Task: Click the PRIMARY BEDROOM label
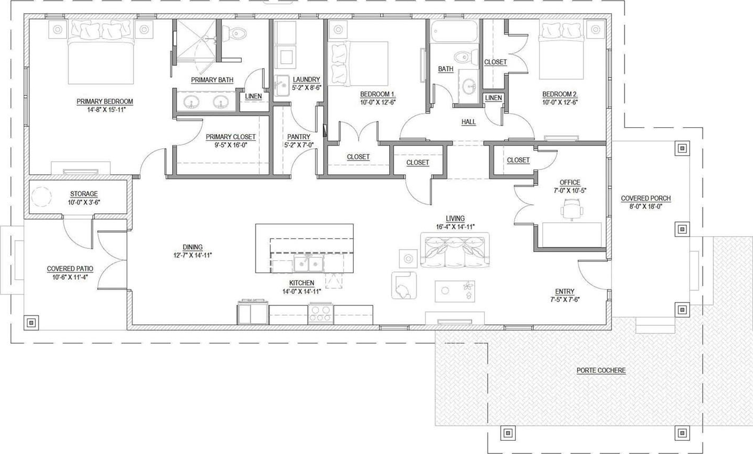tap(105, 101)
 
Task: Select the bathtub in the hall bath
tap(454, 31)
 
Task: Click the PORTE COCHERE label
tap(601, 370)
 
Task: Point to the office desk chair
tap(572, 209)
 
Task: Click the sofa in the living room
tap(455, 250)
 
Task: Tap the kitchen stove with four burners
tap(321, 314)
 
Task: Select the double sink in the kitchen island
tap(308, 263)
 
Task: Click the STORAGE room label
tap(84, 194)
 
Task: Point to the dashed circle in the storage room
tap(41, 196)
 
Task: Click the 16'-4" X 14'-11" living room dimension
tap(455, 227)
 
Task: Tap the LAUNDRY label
tap(306, 79)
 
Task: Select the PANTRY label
tap(298, 137)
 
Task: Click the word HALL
tap(468, 121)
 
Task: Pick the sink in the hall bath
tap(468, 87)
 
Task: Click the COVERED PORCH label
tap(646, 198)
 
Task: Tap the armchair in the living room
tap(404, 285)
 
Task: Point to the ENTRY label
tap(565, 291)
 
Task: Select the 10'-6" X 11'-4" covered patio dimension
tap(70, 277)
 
